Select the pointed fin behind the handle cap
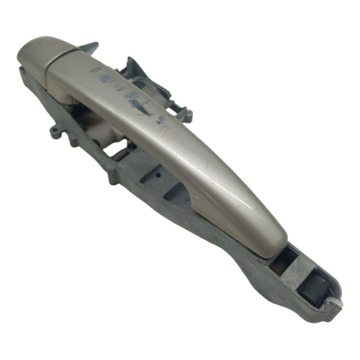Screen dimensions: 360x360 [x=90, y=47]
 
